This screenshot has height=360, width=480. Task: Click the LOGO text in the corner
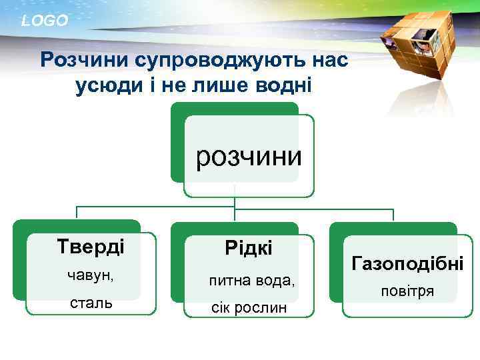click(45, 21)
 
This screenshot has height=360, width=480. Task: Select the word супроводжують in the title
click(216, 61)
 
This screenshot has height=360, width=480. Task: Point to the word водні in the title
click(287, 86)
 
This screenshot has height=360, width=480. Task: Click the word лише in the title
click(223, 86)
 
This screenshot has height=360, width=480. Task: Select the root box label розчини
click(248, 157)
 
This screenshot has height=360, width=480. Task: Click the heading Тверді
click(91, 246)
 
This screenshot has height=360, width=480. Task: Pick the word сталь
click(90, 303)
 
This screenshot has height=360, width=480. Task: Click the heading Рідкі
click(248, 249)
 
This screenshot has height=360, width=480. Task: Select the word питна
click(228, 280)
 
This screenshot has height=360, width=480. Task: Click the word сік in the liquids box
click(220, 308)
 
